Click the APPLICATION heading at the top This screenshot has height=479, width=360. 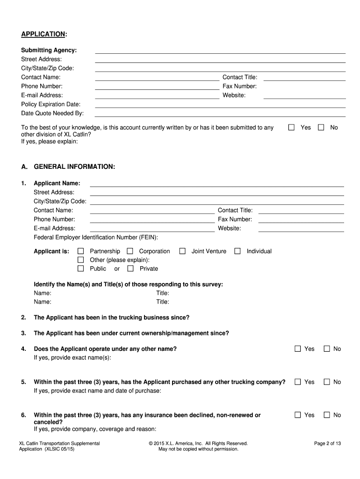[x=43, y=34]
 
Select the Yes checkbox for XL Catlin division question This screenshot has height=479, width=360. [x=291, y=127]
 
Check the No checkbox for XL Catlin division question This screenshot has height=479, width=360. [x=321, y=127]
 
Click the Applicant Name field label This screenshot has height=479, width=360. [x=57, y=183]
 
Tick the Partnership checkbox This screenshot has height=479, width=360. [x=80, y=251]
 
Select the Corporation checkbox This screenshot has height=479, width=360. [x=130, y=251]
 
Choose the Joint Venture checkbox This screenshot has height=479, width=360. [x=182, y=251]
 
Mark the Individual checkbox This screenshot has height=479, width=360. [x=238, y=251]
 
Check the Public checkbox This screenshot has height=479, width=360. [x=80, y=269]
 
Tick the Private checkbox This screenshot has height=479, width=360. [x=130, y=269]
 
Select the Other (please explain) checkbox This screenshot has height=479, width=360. [x=80, y=260]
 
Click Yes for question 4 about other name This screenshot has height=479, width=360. [x=298, y=348]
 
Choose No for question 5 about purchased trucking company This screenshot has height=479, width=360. [x=327, y=382]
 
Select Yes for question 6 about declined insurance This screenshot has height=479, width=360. [x=298, y=415]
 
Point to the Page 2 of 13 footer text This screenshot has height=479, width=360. [x=327, y=443]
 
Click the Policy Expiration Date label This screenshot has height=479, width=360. [x=50, y=104]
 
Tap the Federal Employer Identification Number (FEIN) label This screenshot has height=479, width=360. [x=95, y=237]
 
